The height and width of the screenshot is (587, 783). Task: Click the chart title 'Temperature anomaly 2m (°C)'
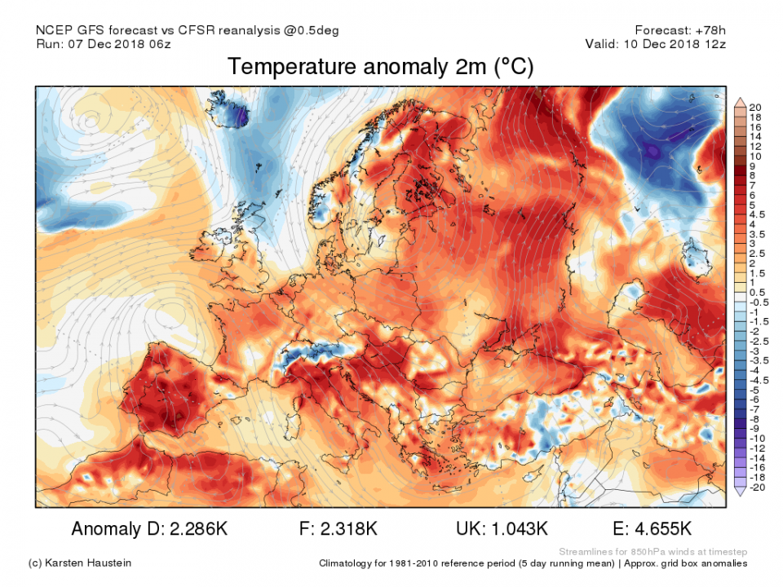tap(381, 67)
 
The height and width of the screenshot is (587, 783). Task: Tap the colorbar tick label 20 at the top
tap(754, 108)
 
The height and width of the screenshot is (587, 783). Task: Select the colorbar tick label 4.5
tap(757, 214)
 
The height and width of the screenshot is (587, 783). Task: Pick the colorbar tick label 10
tap(754, 156)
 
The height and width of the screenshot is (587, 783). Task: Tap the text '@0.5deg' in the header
tap(310, 30)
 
